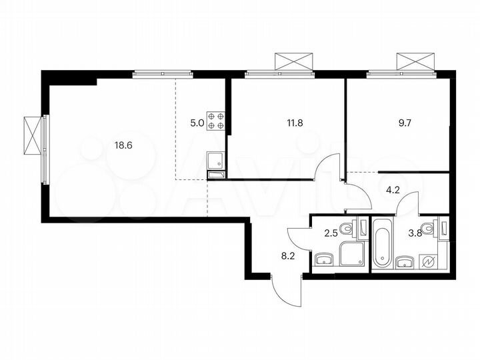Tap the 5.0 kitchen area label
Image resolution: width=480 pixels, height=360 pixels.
point(197,123)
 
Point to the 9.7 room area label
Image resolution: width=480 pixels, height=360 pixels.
point(405,123)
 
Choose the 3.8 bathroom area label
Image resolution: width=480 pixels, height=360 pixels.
point(414,233)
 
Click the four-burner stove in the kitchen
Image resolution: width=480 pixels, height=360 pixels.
point(216,120)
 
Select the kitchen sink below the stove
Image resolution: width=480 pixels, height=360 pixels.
point(215,161)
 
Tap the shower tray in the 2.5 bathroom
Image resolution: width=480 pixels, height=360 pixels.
point(351,255)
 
